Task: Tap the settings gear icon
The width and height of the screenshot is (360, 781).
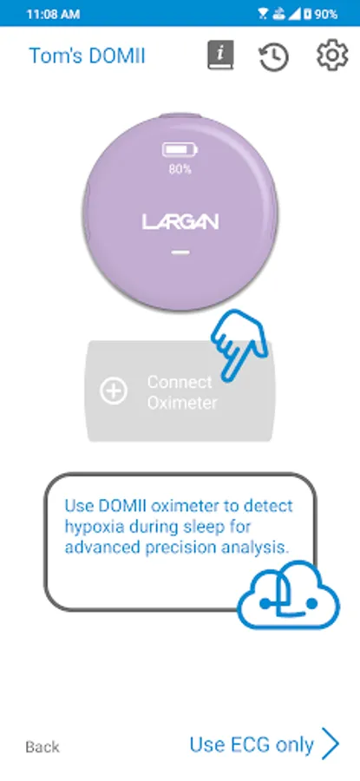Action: point(332,55)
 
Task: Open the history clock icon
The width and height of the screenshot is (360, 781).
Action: point(273,56)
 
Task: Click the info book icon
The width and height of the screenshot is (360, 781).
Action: point(220,55)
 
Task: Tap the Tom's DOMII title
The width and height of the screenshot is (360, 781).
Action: point(87,56)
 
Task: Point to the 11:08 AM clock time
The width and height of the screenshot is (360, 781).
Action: point(53,14)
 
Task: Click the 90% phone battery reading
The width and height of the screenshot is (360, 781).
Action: point(325,14)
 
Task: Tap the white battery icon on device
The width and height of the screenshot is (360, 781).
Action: point(180,149)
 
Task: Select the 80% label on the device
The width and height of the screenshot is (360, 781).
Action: point(180,169)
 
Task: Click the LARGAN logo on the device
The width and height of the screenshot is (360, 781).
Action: point(180,221)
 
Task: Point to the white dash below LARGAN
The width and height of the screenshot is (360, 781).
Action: point(180,252)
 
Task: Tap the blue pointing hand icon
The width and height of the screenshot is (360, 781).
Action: point(239,344)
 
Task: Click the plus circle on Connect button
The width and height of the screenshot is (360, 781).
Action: point(114,391)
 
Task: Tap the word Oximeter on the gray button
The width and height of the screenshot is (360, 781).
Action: point(182,403)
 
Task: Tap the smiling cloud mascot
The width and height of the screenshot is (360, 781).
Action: point(289,595)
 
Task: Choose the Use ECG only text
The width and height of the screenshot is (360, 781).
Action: point(252,745)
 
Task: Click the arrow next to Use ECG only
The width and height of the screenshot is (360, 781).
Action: point(331,744)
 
